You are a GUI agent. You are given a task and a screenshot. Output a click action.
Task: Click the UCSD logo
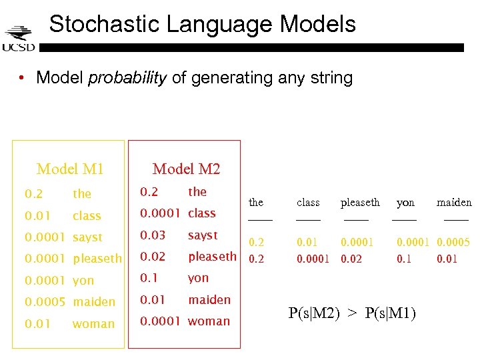coord(18,38)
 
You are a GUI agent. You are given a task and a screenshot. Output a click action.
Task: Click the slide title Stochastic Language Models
coord(203,24)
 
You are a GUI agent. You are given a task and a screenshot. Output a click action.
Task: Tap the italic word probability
coord(127,78)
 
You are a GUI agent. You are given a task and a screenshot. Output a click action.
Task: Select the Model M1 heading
coord(70,169)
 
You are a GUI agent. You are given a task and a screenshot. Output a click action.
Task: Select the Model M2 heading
coord(186,169)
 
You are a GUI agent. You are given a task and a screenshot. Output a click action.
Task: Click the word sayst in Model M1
coord(87,237)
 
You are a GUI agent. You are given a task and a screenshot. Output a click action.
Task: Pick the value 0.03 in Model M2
coord(153,235)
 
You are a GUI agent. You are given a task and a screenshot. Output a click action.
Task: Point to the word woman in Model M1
coord(93,324)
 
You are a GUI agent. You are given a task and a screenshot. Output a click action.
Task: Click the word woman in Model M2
coord(209,321)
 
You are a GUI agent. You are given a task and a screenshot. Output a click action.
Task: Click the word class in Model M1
coord(87,216)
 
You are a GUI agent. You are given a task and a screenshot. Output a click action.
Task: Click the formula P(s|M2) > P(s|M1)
coord(352,313)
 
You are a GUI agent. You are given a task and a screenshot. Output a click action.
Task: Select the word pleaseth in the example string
coord(360,202)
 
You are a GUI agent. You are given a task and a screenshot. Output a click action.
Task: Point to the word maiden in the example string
coord(454,202)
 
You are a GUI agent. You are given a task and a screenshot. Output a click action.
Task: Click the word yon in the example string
coord(405,202)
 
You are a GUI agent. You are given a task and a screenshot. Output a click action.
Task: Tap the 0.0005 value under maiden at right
coord(453,243)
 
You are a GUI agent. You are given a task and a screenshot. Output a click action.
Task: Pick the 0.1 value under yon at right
coord(404,259)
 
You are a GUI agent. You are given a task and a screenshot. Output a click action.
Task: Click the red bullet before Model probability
coord(23,78)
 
